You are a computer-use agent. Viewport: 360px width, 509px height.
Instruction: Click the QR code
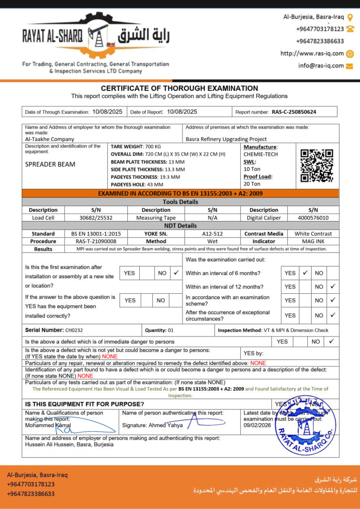[x=317, y=166]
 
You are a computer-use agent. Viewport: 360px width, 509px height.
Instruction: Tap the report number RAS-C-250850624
[x=294, y=112]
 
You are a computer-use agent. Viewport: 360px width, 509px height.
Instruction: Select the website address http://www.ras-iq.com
[x=312, y=54]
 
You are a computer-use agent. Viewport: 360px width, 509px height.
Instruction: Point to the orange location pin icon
[x=350, y=17]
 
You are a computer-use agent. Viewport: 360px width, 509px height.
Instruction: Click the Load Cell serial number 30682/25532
[x=96, y=218]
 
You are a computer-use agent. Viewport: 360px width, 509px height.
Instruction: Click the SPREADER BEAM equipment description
[x=50, y=164]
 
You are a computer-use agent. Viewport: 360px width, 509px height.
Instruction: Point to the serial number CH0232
[x=74, y=330]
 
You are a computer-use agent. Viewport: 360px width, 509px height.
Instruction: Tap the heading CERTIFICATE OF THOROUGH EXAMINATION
[x=180, y=88]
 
